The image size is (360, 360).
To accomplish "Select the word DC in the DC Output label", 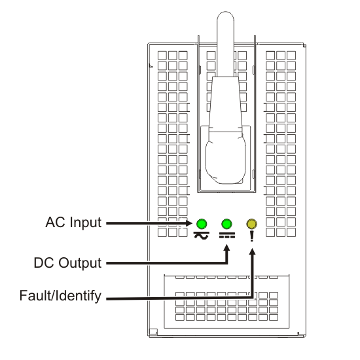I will (44, 263).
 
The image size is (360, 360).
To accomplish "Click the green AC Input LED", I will (202, 223).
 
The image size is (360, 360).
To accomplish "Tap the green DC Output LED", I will (227, 223).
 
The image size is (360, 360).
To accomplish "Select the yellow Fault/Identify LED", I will (252, 223).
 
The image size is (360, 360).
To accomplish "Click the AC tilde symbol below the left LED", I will (202, 237).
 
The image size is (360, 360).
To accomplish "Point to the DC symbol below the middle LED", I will (227, 237).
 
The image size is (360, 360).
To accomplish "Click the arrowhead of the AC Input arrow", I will (192, 223).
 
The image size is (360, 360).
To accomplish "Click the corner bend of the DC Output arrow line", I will (227, 263).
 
